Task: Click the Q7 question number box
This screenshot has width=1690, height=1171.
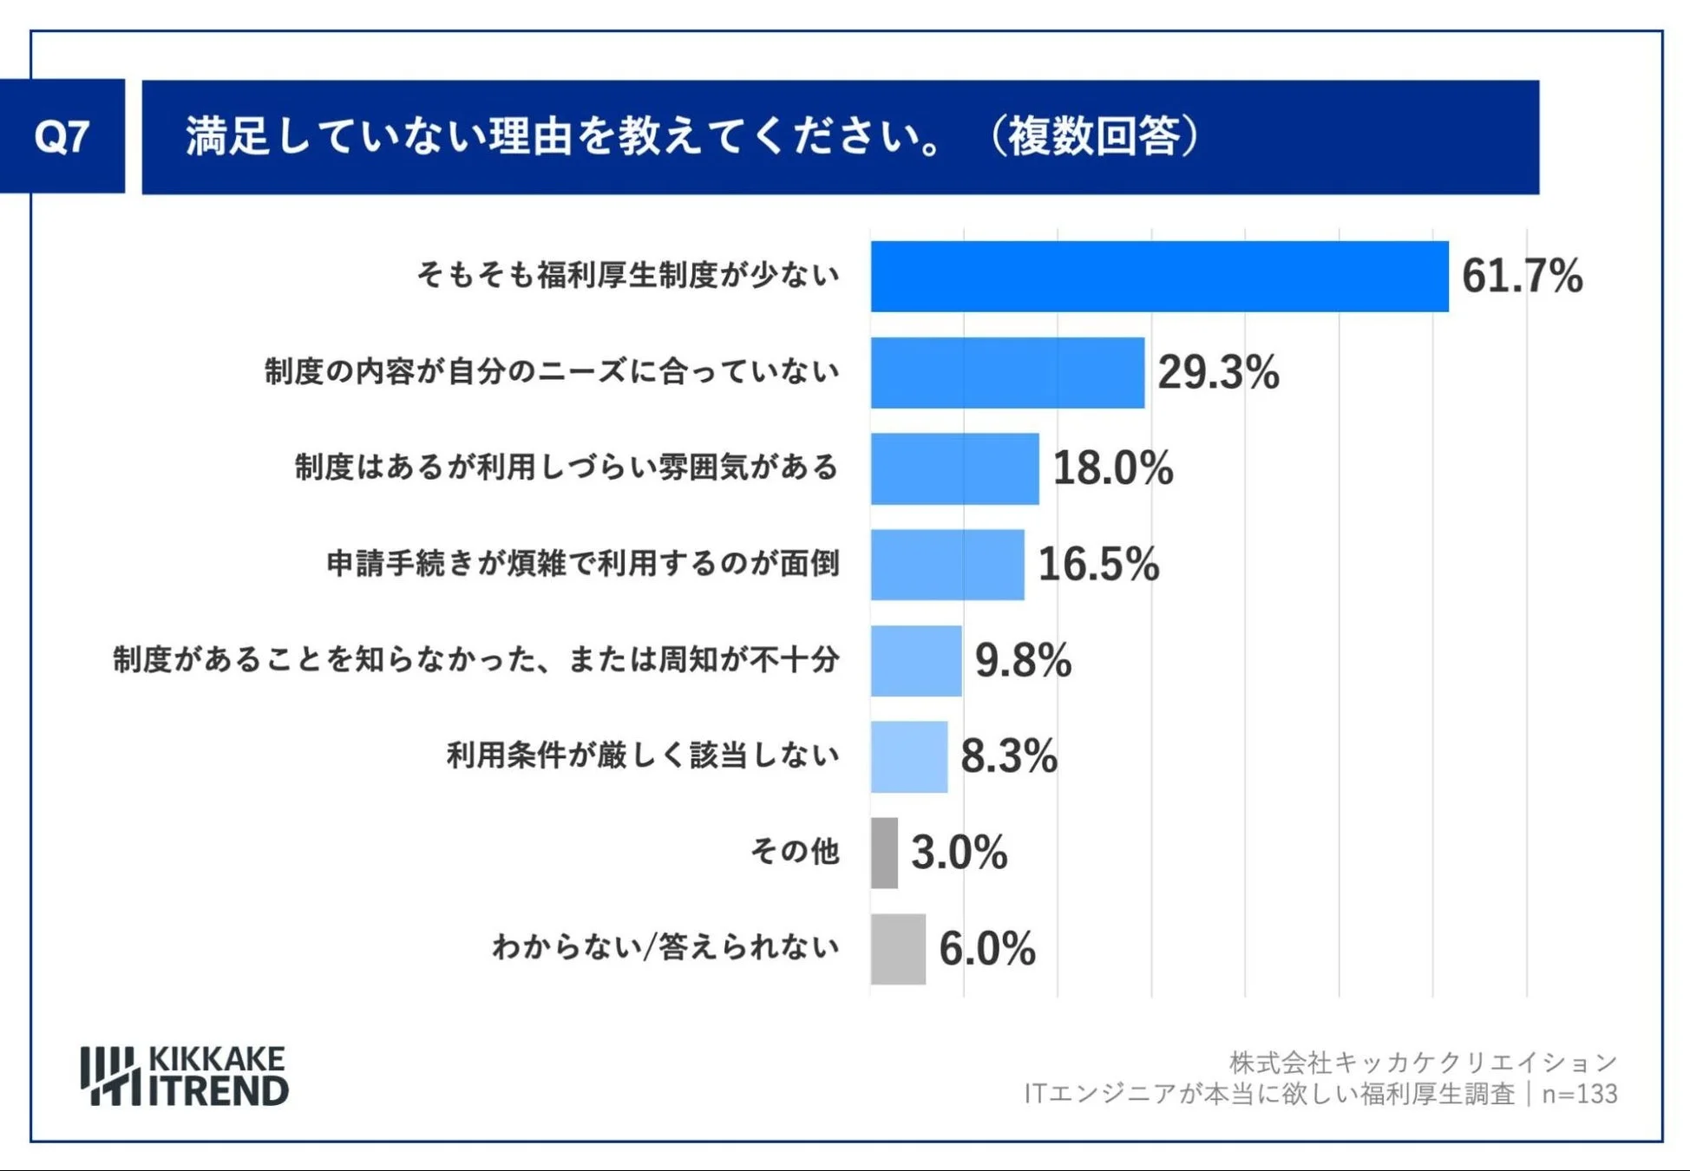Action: coord(62,136)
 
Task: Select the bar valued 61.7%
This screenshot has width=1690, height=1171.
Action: coord(1159,277)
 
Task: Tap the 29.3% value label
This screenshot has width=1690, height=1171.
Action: coord(1217,372)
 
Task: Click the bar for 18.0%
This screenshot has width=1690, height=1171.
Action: coord(954,468)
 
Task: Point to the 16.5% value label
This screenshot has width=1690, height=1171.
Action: coord(1097,564)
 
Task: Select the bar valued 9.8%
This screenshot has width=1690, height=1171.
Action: coord(916,660)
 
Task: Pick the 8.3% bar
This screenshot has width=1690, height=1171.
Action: coord(908,756)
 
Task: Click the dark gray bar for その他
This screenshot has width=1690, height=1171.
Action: coord(884,853)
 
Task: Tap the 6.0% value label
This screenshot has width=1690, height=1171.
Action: coord(986,948)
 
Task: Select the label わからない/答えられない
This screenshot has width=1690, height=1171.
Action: coord(665,947)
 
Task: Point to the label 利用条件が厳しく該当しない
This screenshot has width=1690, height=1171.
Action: coord(643,756)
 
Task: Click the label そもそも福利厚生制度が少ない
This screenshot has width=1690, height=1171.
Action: coord(628,275)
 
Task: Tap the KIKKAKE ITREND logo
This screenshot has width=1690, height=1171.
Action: coord(184,1076)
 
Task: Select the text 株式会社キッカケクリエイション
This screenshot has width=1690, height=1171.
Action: coord(1423,1062)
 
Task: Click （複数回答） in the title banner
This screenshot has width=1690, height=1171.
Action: coord(1094,137)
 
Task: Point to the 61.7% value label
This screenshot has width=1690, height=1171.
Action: coord(1522,277)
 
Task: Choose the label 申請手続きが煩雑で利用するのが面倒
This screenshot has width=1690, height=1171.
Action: coord(583,564)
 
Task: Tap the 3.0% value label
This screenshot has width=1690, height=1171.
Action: coord(959,853)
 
